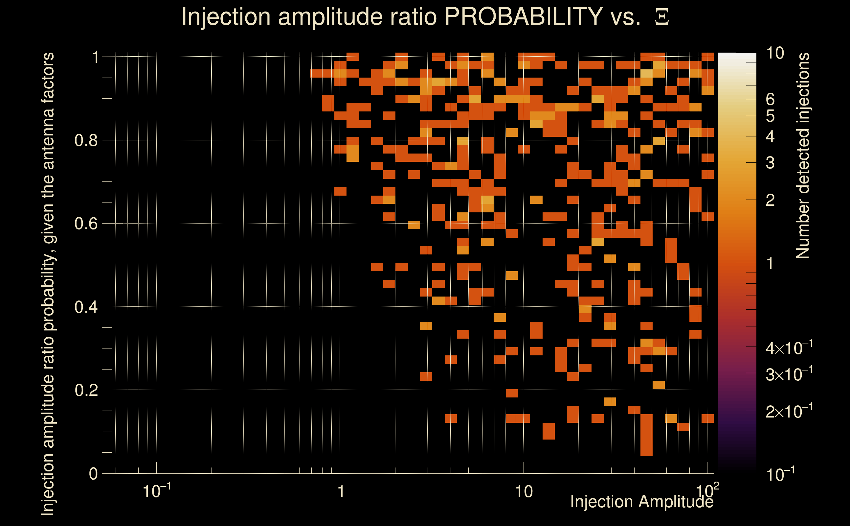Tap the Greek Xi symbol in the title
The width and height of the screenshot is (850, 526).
[x=662, y=17]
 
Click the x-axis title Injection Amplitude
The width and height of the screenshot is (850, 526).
[x=642, y=502]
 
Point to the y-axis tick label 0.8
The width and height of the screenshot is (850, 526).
[x=86, y=141]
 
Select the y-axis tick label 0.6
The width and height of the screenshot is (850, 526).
[x=86, y=224]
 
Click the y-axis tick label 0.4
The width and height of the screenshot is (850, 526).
[x=86, y=307]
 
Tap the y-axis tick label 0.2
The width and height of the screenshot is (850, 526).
[x=86, y=390]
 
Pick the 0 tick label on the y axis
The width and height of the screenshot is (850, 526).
[x=93, y=474]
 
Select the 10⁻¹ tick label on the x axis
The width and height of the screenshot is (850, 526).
[x=156, y=491]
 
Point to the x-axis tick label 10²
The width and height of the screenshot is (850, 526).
[x=707, y=491]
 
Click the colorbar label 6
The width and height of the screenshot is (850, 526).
[x=770, y=100]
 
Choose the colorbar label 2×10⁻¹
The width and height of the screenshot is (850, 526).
[x=789, y=412]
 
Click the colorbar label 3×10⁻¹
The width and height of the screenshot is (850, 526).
[x=789, y=374]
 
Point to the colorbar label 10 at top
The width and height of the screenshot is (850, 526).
[x=775, y=53]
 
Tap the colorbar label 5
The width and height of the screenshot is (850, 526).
[x=770, y=116]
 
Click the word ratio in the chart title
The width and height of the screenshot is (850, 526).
[x=418, y=17]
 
